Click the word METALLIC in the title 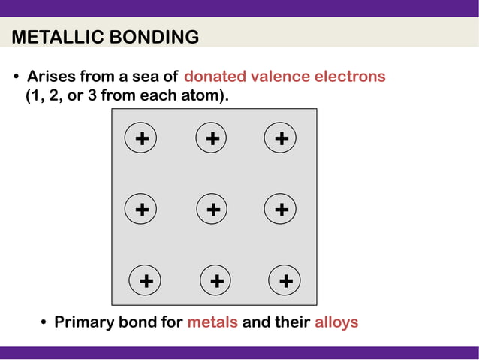click(56, 37)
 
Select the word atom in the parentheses click(204, 96)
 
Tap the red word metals click(212, 322)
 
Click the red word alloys click(336, 322)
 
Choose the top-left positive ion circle click(141, 139)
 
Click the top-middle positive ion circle click(212, 139)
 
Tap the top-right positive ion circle click(281, 139)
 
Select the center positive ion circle click(212, 210)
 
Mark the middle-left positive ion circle click(141, 210)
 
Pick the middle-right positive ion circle click(281, 210)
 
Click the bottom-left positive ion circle click(146, 281)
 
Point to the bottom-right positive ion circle click(285, 281)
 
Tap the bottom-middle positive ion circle click(216, 281)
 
